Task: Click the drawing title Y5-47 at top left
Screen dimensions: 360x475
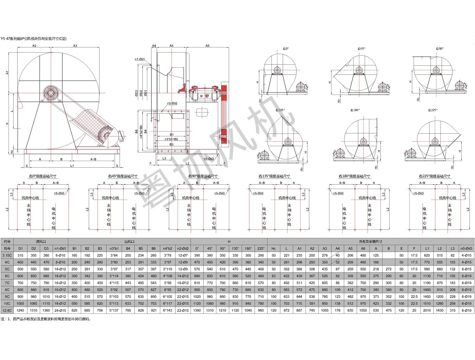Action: [x=33, y=39]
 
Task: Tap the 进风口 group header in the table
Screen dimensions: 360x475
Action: [x=41, y=242]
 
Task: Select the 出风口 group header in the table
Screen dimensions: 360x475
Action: [x=129, y=242]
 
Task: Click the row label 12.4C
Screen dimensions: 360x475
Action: [x=7, y=310]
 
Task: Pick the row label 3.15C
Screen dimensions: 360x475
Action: [x=7, y=255]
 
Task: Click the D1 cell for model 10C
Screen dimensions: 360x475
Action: [x=20, y=303]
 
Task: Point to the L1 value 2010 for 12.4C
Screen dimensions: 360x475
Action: [x=427, y=310]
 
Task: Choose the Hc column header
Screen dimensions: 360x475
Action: [x=274, y=248]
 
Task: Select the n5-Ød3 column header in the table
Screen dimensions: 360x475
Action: [x=466, y=248]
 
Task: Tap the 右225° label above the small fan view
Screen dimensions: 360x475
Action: [x=433, y=110]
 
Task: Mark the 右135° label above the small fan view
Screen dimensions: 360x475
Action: [x=280, y=110]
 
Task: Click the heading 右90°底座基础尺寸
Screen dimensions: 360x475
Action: [x=203, y=176]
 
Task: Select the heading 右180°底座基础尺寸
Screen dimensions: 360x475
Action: [x=354, y=176]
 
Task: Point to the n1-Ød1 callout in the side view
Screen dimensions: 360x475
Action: [x=140, y=59]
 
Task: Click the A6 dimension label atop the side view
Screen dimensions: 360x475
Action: [x=207, y=46]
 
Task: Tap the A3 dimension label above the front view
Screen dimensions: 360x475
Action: [x=75, y=46]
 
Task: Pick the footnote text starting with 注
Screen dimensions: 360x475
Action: [x=46, y=319]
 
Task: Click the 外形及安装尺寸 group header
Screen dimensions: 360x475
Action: [x=370, y=242]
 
